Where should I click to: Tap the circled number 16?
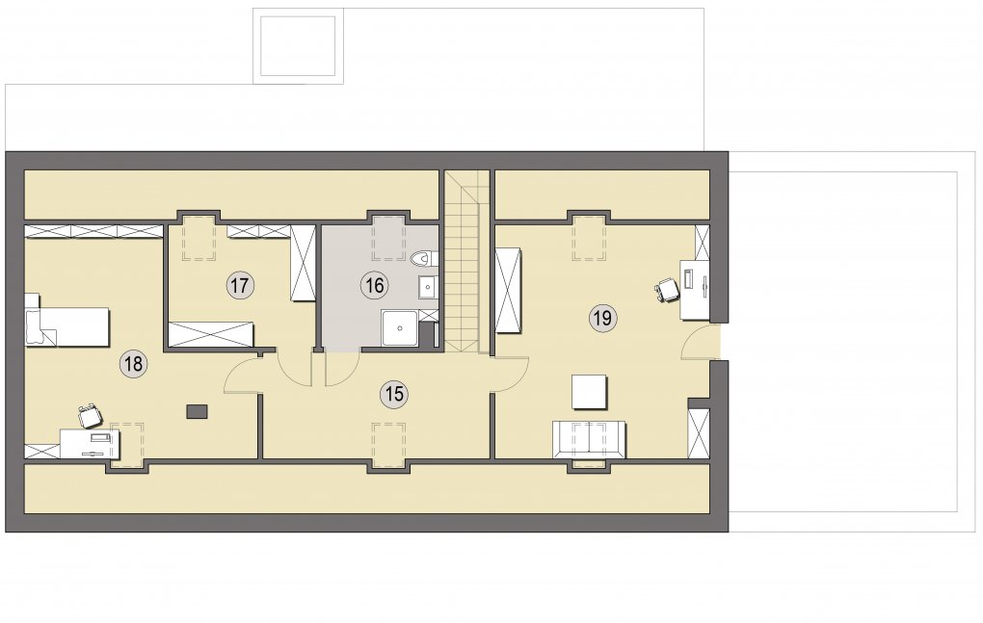pos(374,286)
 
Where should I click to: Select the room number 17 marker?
pos(239,286)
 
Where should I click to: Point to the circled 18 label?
pos(134,364)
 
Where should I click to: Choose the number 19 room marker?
pos(602,318)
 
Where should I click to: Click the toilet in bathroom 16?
pos(424,258)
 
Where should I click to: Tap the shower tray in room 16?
pos(399,327)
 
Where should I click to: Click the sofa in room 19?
pos(589,439)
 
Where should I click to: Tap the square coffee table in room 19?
pos(589,392)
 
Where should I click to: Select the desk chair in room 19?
pos(668,290)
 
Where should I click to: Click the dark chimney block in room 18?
pos(197,411)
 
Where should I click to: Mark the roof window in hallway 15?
pos(388,445)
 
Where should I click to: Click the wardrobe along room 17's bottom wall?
pos(211,334)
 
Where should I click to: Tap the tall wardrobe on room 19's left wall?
pos(509,291)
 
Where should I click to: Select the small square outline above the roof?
pos(298,45)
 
